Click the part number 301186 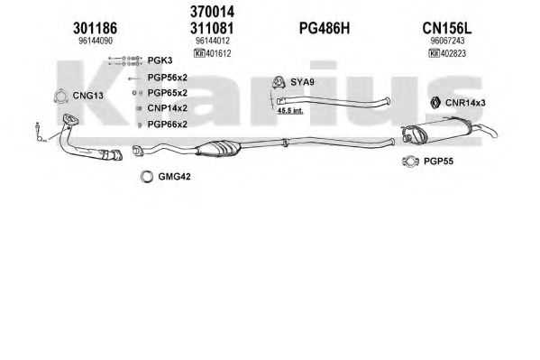95,28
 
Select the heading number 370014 212,12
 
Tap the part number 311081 212,28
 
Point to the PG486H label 325,28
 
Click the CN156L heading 447,28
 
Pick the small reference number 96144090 96,41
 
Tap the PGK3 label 160,60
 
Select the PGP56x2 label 168,78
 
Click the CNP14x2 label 168,108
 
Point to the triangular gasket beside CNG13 60,96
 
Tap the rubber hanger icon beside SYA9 279,82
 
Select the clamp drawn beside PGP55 410,161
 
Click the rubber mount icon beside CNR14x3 435,103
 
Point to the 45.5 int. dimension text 290,111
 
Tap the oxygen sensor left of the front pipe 39,133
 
